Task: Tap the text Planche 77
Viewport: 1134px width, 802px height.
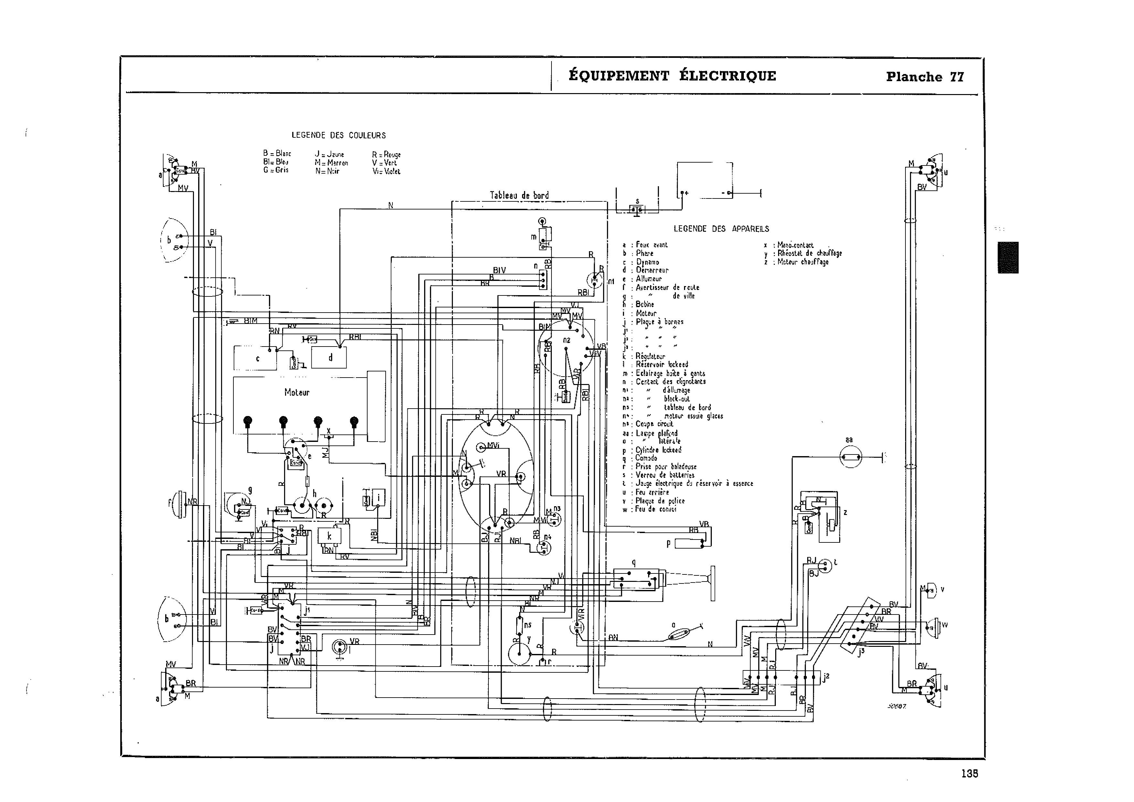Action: (925, 77)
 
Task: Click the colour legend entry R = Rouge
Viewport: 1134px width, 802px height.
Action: (386, 155)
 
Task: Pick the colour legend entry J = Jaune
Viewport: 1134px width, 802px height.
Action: (329, 155)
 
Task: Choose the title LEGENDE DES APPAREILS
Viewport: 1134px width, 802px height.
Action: (721, 229)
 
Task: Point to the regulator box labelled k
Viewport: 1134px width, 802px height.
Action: (329, 536)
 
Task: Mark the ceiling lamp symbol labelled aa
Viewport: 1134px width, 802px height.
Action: (850, 457)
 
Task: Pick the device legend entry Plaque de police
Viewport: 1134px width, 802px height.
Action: (660, 501)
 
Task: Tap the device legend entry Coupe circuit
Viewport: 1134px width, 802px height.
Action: (654, 424)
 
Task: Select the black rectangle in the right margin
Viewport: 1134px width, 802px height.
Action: (1008, 257)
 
